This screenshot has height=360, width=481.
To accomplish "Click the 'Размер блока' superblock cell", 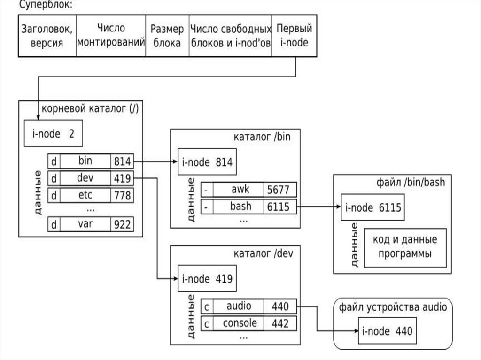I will pos(167,36).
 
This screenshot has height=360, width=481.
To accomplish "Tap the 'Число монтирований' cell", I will pos(110,36).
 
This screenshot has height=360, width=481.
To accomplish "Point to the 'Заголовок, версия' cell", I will pos(47,36).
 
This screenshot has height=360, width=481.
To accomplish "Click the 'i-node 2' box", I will pos(53,134).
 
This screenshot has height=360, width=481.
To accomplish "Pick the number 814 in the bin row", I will pos(122,161).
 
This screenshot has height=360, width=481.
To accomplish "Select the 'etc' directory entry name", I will pos(85,194).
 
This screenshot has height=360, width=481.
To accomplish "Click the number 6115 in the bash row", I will pos(280,207).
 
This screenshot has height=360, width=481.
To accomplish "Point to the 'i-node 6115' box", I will pos(373,207).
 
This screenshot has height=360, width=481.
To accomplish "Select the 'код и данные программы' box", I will pos(405,247).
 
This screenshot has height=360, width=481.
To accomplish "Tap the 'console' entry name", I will pos(240,323).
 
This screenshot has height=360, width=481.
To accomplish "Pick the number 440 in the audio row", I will pos(280,306).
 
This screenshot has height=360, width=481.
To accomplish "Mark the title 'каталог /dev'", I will pos(263,254).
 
